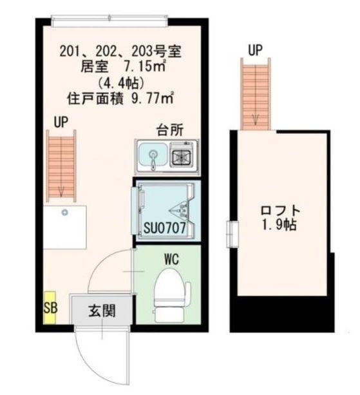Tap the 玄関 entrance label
point(102,312)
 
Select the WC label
point(171,260)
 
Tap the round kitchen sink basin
point(152,156)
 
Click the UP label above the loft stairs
point(255,50)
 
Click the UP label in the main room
point(61,120)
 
